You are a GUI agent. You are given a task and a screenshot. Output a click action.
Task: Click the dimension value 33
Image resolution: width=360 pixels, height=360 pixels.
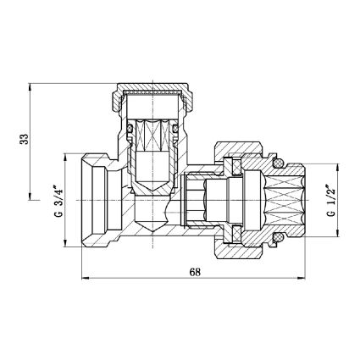[x=25, y=139]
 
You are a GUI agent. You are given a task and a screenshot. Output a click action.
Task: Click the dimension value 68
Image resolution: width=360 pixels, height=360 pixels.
[x=195, y=272]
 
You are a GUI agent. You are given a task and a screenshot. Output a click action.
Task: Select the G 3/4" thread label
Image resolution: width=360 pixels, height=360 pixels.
[x=58, y=201]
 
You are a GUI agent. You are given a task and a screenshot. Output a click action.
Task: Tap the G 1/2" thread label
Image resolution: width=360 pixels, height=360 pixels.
[x=331, y=201]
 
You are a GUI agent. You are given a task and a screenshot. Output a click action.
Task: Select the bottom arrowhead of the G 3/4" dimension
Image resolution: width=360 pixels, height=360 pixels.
[x=66, y=242]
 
